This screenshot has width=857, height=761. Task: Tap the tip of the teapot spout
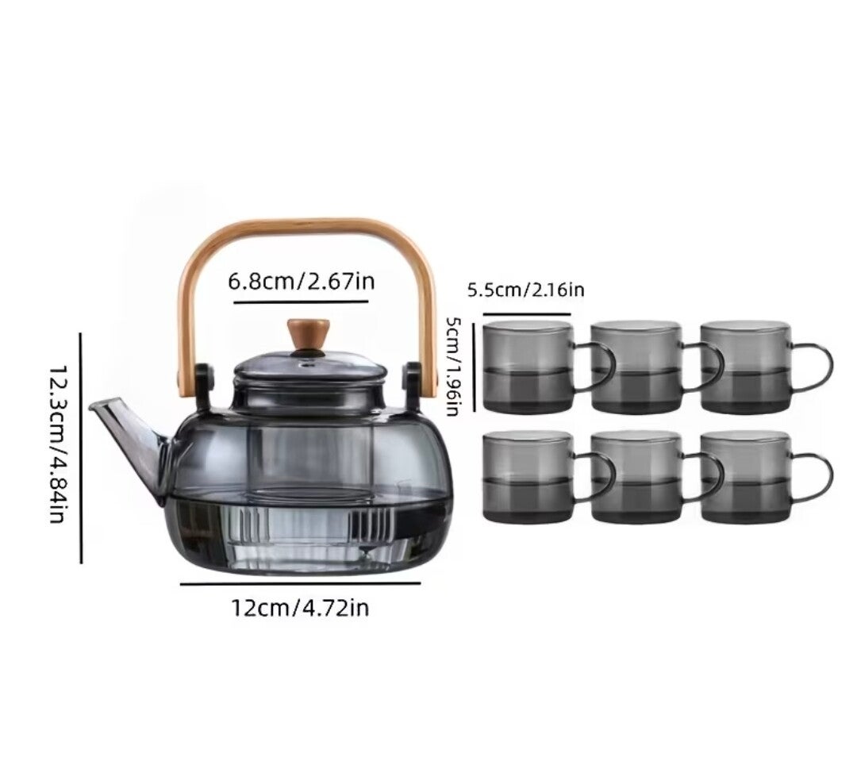pyautogui.click(x=90, y=405)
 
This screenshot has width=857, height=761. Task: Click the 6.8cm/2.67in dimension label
pyautogui.click(x=302, y=282)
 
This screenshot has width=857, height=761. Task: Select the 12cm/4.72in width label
pyautogui.click(x=300, y=607)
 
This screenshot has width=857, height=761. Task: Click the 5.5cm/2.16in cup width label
pyautogui.click(x=525, y=289)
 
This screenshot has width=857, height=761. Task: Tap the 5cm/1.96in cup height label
pyautogui.click(x=452, y=366)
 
